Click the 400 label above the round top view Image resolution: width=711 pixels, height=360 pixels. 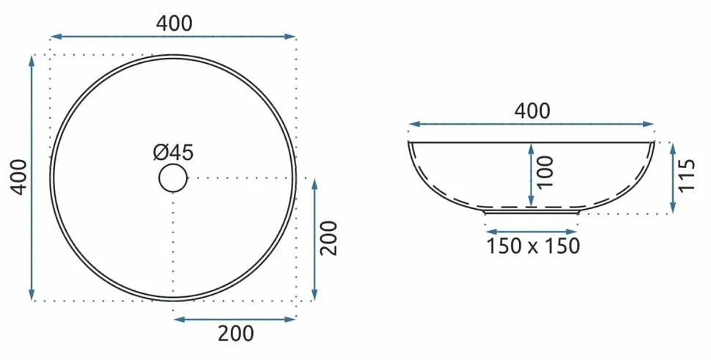[174, 23]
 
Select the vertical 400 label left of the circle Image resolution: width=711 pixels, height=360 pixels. [20, 177]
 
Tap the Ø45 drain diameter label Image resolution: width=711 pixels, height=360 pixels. [173, 153]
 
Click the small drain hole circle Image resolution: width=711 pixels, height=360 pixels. [173, 178]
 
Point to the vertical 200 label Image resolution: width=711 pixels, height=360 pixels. [329, 238]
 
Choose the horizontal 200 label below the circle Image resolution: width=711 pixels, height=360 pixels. [236, 334]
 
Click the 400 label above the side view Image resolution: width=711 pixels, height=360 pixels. [532, 111]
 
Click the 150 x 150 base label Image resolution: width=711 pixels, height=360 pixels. [533, 246]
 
